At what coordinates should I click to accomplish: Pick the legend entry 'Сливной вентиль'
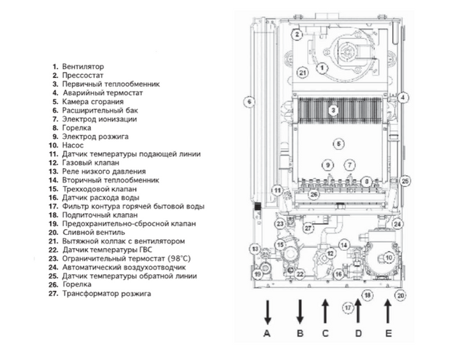point(94,233)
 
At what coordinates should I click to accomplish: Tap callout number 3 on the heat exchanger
point(333,111)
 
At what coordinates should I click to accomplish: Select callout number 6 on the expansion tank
point(249,102)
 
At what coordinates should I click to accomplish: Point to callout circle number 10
point(389,257)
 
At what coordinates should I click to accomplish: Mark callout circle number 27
point(309,229)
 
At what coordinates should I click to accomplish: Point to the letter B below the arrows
point(298,334)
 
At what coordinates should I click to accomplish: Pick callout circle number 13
point(255,249)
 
